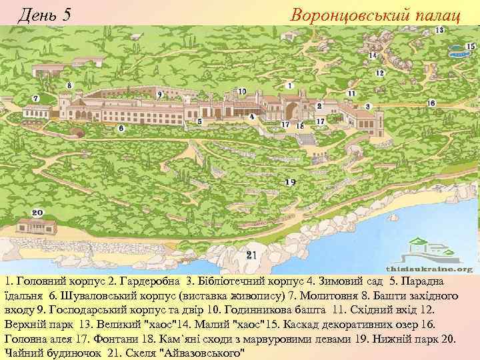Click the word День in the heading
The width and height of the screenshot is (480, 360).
tap(37, 13)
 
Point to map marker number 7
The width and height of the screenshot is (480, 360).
tap(35, 99)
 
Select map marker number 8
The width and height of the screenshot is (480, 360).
tap(69, 85)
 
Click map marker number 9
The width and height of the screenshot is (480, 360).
tap(159, 95)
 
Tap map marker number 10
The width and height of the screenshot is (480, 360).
tap(242, 91)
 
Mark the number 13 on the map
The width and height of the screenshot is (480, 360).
tap(440, 31)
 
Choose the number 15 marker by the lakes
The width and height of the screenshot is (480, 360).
tap(471, 46)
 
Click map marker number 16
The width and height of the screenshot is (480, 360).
tap(431, 103)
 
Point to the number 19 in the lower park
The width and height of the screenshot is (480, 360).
tap(289, 182)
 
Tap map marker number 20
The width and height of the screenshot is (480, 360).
tap(37, 213)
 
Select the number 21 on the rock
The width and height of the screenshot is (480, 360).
tap(251, 255)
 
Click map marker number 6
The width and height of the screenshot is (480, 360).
tap(121, 127)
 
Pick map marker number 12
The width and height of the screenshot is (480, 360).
tap(380, 73)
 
